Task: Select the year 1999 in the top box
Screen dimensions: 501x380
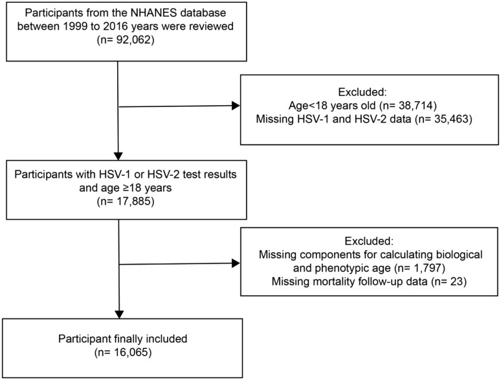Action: point(76,26)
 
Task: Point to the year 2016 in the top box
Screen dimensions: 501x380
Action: point(117,26)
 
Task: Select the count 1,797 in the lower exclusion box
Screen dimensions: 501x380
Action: point(427,268)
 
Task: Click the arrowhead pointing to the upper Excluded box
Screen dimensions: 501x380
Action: point(236,106)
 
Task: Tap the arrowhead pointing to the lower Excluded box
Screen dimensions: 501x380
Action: point(236,263)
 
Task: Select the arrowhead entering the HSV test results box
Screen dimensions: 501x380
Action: point(118,156)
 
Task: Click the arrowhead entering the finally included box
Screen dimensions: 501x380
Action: point(119,315)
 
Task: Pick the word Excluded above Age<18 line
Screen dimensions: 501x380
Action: point(362,92)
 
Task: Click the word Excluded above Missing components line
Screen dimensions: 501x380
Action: point(370,241)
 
